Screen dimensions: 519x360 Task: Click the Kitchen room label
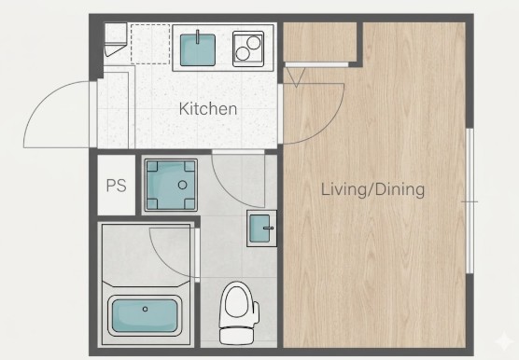[208, 109]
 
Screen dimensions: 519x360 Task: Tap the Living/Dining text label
[373, 189]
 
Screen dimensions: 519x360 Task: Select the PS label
[116, 186]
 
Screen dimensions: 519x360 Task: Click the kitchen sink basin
[198, 50]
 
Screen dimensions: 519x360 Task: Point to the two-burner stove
[248, 48]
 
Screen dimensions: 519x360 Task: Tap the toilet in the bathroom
[239, 313]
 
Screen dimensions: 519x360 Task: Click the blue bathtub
[145, 315]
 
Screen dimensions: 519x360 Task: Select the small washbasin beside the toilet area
[261, 228]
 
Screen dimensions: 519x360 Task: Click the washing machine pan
[171, 185]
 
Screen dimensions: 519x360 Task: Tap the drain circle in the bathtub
[145, 309]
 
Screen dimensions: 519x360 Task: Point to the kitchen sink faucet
[198, 36]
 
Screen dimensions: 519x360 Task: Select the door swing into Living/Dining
[326, 127]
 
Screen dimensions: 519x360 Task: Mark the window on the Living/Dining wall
[470, 201]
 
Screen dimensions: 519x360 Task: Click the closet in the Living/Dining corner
[320, 42]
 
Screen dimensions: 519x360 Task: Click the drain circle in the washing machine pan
[182, 185]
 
